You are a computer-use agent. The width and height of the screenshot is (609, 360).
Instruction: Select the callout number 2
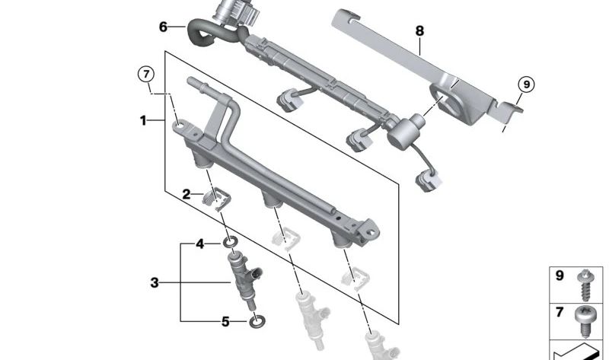pos(186,195)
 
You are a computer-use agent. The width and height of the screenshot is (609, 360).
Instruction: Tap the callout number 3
pos(155,283)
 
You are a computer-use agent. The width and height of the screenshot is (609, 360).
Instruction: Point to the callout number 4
pos(200,244)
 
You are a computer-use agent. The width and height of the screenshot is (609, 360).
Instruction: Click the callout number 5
pos(225,322)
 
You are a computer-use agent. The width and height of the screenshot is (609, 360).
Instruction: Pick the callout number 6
pos(163,27)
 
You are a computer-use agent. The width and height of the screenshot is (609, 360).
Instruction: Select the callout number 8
pos(419,31)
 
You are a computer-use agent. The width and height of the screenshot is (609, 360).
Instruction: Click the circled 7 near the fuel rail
pos(145,74)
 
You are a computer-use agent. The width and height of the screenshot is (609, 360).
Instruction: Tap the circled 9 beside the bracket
pos(525,84)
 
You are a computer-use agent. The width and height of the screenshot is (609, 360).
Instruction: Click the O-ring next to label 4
pos(229,244)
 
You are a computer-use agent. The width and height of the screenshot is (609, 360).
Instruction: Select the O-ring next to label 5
pos(257,320)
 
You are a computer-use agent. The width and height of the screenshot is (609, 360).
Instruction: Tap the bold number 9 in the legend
pos(560,276)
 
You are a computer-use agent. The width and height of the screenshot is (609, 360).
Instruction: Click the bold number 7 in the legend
pos(560,313)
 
